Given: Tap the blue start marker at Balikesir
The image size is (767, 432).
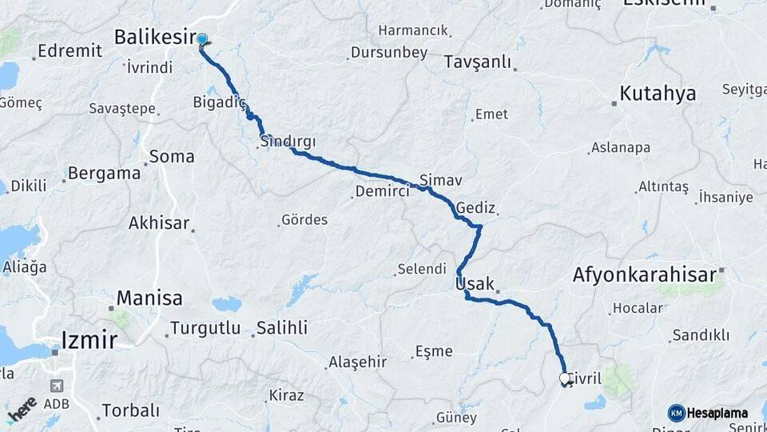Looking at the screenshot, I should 202,39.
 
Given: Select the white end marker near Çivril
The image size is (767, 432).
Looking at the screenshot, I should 565,378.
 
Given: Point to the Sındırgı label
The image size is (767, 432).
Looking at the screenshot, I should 288,142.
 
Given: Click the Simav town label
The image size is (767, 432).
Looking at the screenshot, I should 440,180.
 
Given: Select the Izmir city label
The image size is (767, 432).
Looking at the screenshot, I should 89,341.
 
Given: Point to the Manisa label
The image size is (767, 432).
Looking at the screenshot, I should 149,298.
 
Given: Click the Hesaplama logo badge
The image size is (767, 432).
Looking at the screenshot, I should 709,413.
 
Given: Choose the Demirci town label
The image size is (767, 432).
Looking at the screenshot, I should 382,192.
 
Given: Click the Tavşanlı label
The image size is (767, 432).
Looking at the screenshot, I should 477,62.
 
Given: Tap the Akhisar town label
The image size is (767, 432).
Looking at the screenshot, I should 159,223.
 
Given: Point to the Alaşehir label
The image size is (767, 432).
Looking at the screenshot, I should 358,362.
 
